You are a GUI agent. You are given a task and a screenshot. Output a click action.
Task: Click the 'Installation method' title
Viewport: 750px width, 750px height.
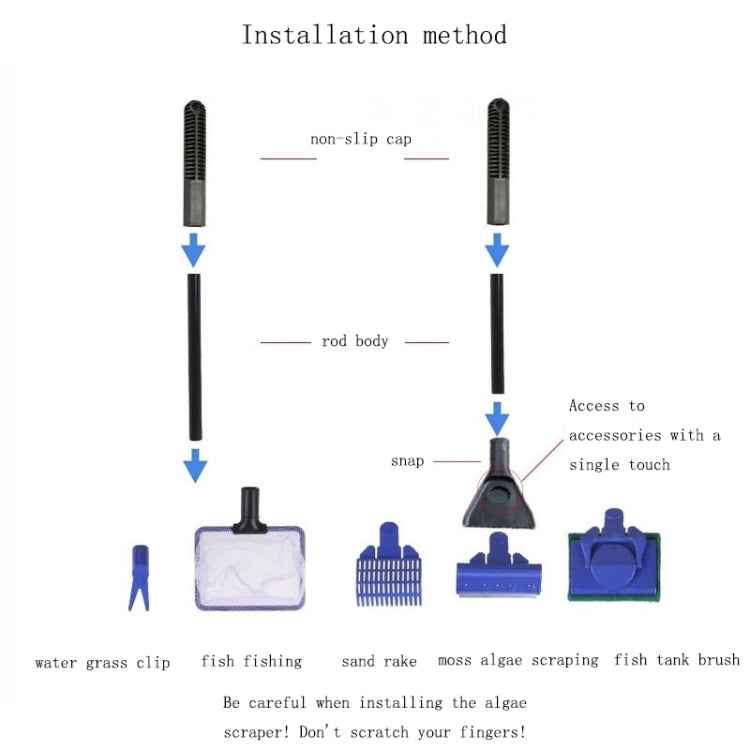[374, 35]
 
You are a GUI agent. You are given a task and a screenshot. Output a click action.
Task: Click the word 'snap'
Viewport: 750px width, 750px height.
[407, 461]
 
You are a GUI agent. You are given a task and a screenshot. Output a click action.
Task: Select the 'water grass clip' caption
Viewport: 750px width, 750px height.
[102, 662]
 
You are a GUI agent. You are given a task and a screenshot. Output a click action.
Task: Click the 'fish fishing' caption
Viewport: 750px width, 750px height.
[251, 661]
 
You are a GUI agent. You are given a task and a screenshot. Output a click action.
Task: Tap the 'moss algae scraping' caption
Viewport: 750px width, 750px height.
[518, 660]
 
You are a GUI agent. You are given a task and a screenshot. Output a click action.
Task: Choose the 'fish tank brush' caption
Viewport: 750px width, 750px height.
[677, 660]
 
